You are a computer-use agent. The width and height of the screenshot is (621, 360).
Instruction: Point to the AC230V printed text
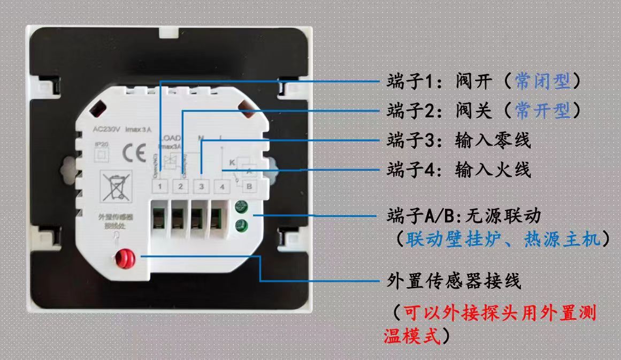(105, 129)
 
